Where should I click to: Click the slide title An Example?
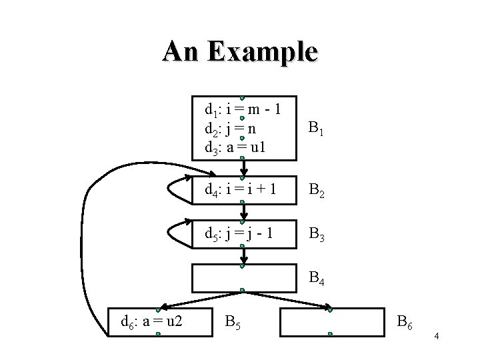click(x=240, y=51)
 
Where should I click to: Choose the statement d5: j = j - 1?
click(x=241, y=235)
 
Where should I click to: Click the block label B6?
click(x=405, y=324)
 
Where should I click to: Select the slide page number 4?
click(x=436, y=336)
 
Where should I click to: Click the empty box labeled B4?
click(x=244, y=278)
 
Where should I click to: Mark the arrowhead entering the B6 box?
click(x=328, y=309)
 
